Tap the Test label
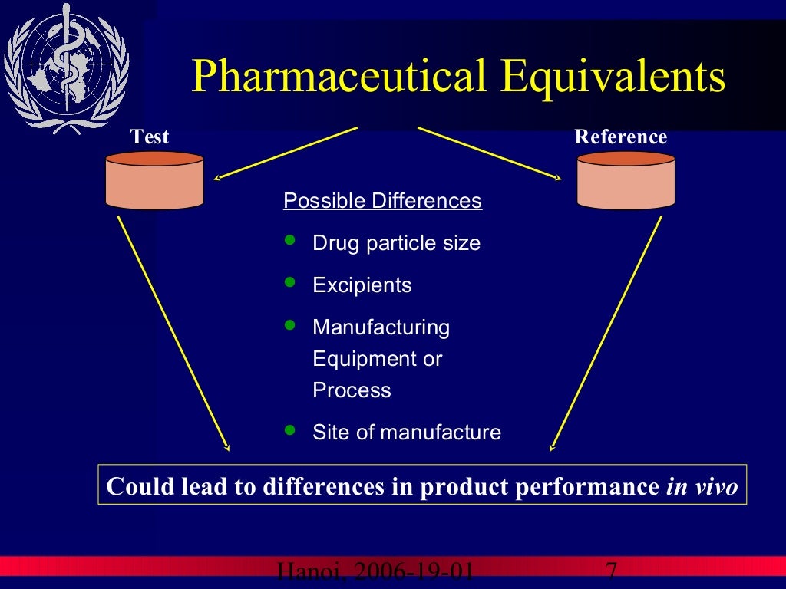point(150,137)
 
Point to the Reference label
point(621,137)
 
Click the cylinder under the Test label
point(154,181)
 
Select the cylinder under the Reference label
point(626,181)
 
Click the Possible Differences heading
point(382,201)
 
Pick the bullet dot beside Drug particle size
point(289,241)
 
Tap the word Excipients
point(362,285)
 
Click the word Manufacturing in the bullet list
point(381,327)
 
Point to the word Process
point(352,390)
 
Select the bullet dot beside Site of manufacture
point(289,430)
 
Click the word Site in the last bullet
point(330,433)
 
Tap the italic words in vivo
point(702,486)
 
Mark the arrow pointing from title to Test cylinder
point(286,153)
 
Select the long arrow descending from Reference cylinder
point(606,334)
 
